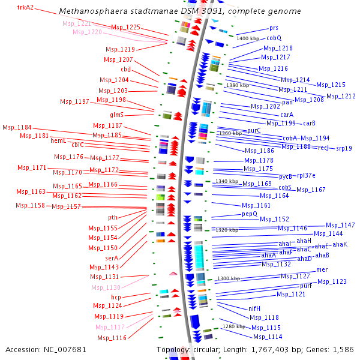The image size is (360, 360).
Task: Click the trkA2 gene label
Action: pyautogui.click(x=25, y=8)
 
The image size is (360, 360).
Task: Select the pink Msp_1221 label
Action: pyautogui.click(x=77, y=23)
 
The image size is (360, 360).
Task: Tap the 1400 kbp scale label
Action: pyautogui.click(x=248, y=38)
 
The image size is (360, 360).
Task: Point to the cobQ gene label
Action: pyautogui.click(x=274, y=38)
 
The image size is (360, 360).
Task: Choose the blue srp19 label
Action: pyautogui.click(x=344, y=148)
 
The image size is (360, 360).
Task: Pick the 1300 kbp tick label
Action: pyautogui.click(x=228, y=278)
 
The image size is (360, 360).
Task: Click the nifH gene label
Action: pyautogui.click(x=254, y=308)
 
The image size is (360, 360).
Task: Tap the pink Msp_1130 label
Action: pyautogui.click(x=106, y=287)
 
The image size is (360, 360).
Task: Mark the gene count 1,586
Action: pyautogui.click(x=343, y=349)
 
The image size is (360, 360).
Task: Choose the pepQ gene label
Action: pyautogui.click(x=250, y=214)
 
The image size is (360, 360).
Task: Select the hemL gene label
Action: pyautogui.click(x=58, y=140)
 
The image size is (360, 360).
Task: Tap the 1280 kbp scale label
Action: pyautogui.click(x=233, y=326)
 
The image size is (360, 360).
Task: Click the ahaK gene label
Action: pyautogui.click(x=340, y=245)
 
